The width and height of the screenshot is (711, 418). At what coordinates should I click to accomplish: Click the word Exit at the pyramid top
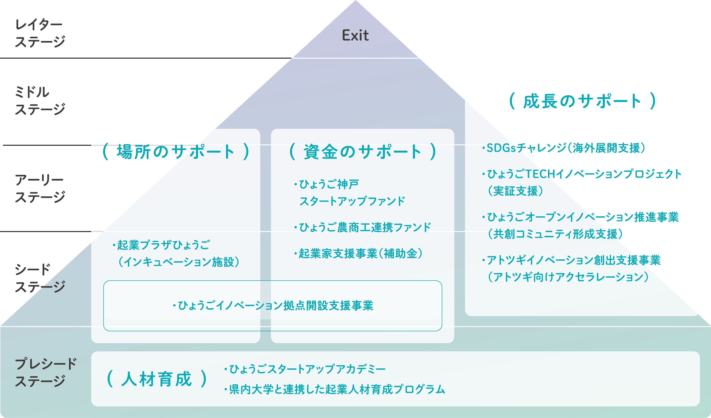[x=355, y=36]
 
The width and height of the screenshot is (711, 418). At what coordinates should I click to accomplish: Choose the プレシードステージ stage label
[x=45, y=372]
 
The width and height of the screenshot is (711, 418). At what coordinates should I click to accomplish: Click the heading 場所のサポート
[x=175, y=151]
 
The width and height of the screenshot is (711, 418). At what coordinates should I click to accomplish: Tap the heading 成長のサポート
[x=582, y=101]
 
